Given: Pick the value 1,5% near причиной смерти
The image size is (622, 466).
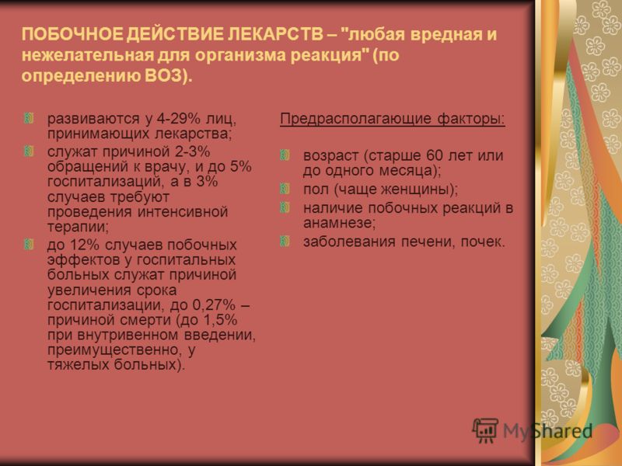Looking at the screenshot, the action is pyautogui.click(x=220, y=320).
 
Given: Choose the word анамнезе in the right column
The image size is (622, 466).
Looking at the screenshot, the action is pyautogui.click(x=339, y=224).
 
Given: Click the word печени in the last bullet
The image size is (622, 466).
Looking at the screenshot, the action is pyautogui.click(x=428, y=242).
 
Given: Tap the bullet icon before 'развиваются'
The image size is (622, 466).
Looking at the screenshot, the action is pyautogui.click(x=29, y=118).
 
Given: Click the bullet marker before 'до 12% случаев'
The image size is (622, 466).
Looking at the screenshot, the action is pyautogui.click(x=29, y=244).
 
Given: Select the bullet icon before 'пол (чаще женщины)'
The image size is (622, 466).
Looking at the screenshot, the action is pyautogui.click(x=285, y=189).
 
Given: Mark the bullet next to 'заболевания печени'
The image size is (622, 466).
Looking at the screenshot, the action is pyautogui.click(x=285, y=241).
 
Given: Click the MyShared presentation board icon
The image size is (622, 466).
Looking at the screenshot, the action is pyautogui.click(x=485, y=430).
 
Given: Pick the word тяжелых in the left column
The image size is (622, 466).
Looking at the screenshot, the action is pyautogui.click(x=79, y=364).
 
